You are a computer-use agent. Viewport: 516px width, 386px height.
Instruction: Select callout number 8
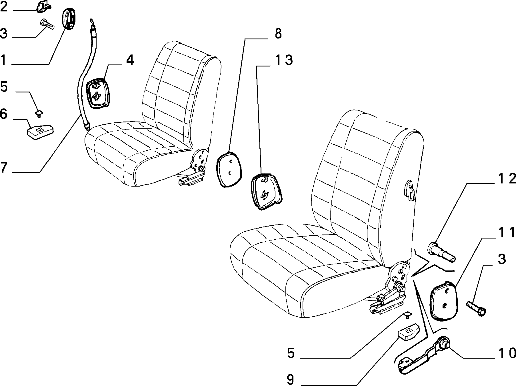[x=278, y=34]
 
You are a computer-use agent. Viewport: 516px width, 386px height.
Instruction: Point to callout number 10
[x=507, y=353]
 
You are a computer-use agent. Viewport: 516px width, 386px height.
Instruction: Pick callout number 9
[x=290, y=379]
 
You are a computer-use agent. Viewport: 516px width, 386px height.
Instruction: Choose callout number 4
[x=130, y=60]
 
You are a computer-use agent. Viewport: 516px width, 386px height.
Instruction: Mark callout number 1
[x=3, y=60]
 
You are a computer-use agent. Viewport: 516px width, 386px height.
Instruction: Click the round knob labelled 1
[x=69, y=18]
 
